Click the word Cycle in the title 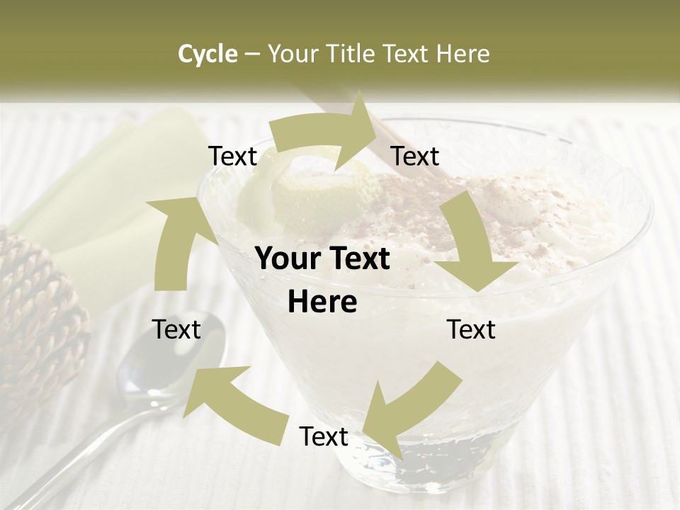point(208,54)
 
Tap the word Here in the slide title point(463,54)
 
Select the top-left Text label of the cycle point(233,157)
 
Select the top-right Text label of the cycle point(415,157)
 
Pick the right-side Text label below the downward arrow point(471,329)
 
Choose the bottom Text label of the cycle point(324,436)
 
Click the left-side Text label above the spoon point(176,329)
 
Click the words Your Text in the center point(322,259)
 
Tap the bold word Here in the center point(322,302)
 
